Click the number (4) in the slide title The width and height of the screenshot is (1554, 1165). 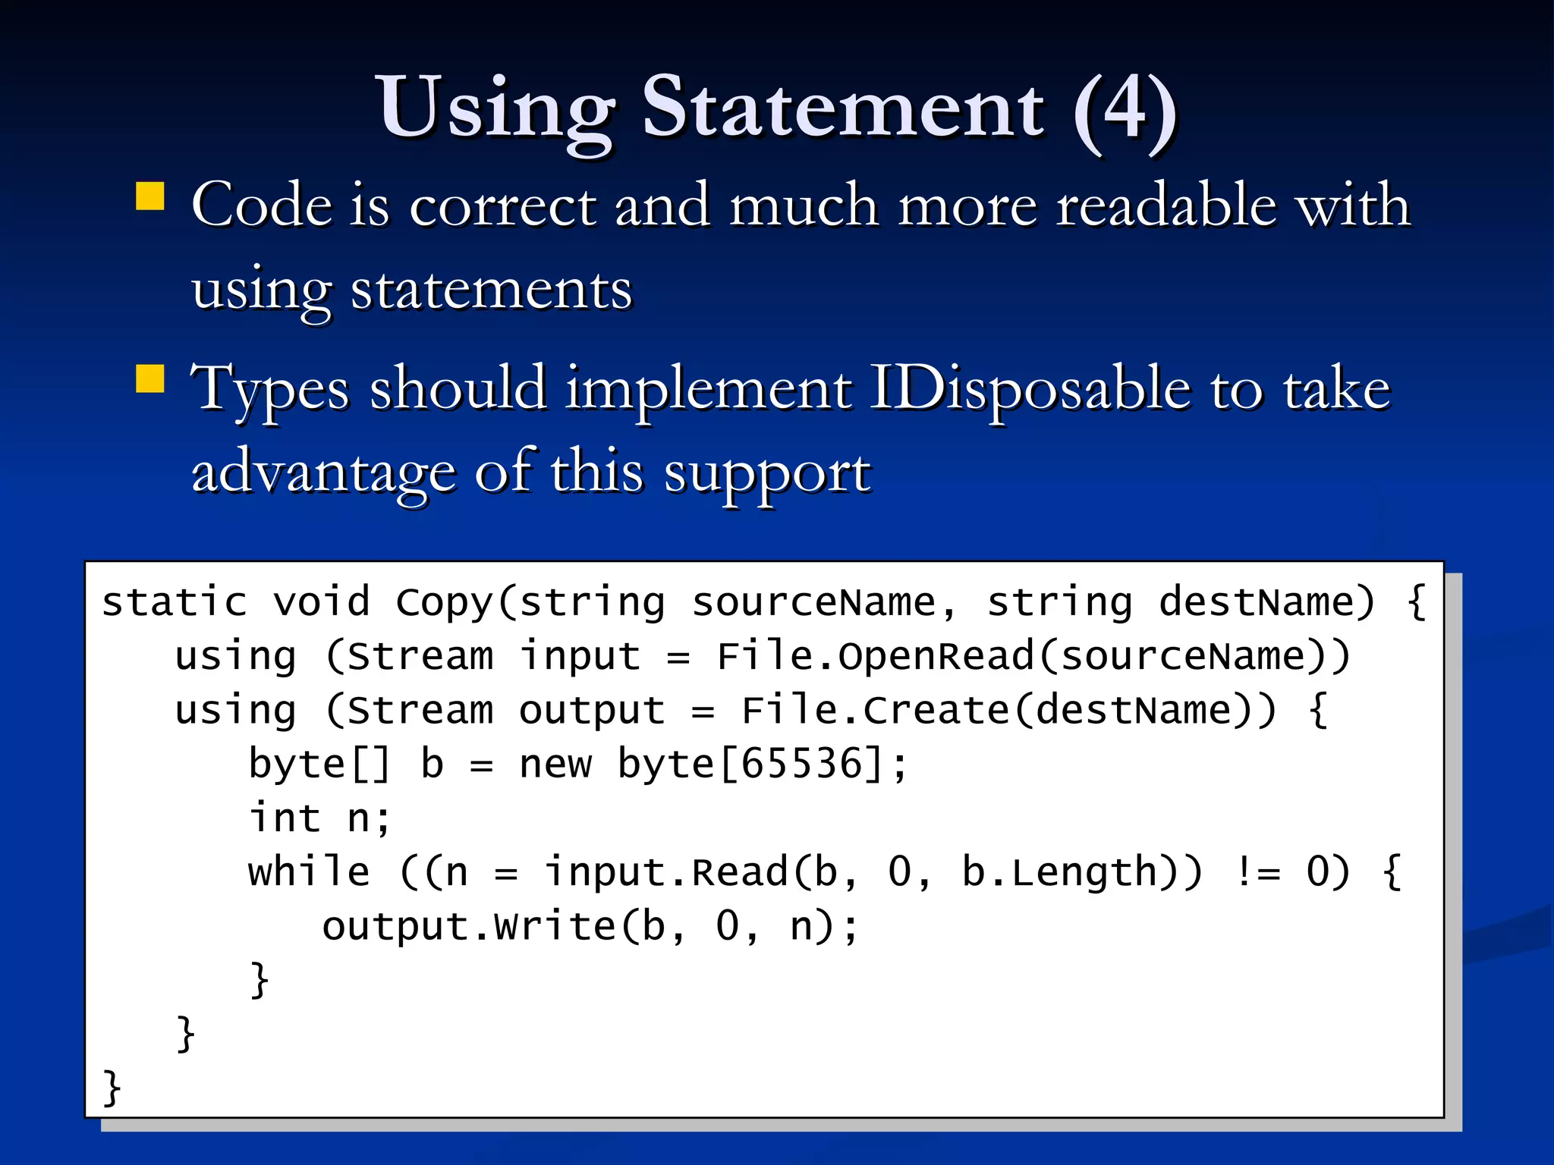tap(1125, 108)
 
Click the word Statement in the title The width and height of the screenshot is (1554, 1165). tap(843, 108)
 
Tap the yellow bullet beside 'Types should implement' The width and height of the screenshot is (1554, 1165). tap(150, 378)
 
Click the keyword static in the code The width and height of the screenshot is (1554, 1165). tap(175, 603)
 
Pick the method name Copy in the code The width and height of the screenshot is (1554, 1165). tap(445, 603)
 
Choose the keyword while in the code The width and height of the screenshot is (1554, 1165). tap(309, 872)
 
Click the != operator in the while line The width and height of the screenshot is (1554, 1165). tap(1257, 872)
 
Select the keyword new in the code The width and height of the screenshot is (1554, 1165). tap(555, 765)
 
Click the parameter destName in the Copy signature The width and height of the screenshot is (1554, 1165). tap(1255, 603)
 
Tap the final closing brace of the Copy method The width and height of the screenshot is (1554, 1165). tap(112, 1088)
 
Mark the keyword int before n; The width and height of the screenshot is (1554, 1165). tap(285, 818)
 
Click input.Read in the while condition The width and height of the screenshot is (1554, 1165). tap(666, 872)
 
